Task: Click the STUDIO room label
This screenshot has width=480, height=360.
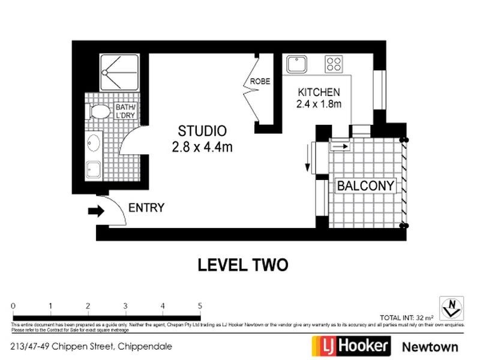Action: [x=202, y=131]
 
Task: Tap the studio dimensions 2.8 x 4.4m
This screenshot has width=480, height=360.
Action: [x=202, y=146]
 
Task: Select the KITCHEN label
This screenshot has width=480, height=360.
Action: [x=319, y=92]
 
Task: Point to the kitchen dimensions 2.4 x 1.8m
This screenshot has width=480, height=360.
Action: [x=319, y=104]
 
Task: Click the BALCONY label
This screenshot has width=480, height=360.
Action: [x=366, y=186]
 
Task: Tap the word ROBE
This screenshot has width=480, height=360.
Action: [x=260, y=82]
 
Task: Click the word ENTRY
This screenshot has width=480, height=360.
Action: [x=146, y=208]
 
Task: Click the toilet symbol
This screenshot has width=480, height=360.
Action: [x=98, y=111]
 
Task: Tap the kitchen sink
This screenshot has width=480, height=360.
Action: [x=297, y=64]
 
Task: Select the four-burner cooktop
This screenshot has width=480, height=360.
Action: [x=334, y=63]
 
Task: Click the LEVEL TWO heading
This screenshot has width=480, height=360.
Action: [x=244, y=264]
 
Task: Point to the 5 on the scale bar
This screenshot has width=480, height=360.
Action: [x=200, y=305]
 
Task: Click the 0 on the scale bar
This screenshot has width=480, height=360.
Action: [x=13, y=305]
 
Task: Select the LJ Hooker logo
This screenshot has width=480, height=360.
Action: [x=351, y=346]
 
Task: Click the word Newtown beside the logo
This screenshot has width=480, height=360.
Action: [x=430, y=346]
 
